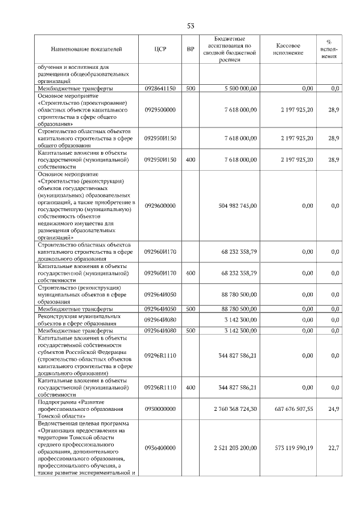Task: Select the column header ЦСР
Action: tap(160, 50)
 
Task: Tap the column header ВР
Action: tap(191, 50)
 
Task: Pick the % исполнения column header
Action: tap(328, 50)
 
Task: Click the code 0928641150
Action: tap(160, 89)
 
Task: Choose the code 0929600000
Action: tap(160, 205)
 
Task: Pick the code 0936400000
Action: tap(160, 448)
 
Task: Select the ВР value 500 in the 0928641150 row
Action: tap(191, 89)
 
